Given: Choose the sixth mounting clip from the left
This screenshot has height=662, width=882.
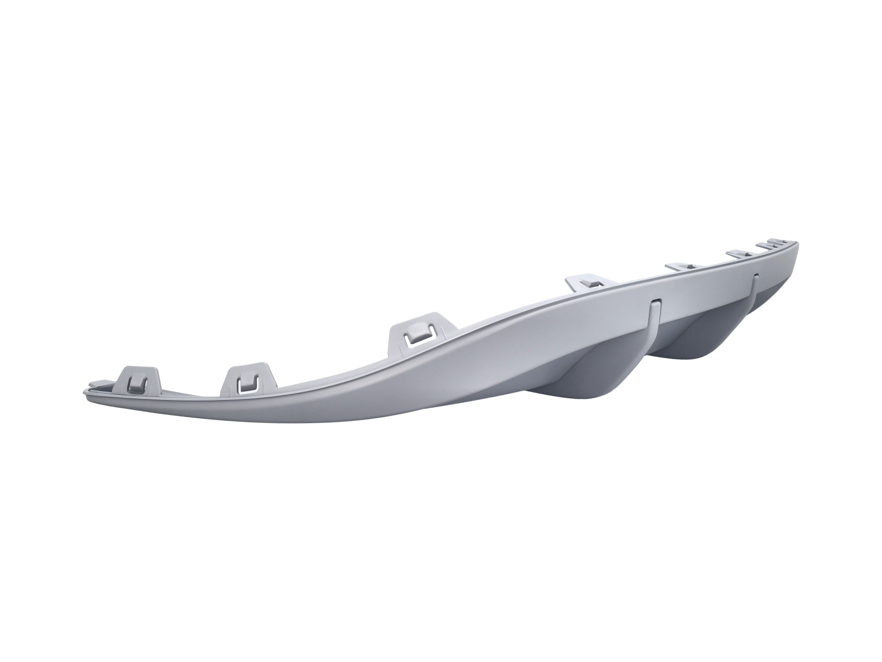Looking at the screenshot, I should pyautogui.click(x=741, y=253).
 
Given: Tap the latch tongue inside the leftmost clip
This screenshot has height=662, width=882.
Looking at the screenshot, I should pyautogui.click(x=134, y=382).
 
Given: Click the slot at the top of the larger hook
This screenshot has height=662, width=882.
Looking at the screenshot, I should pyautogui.click(x=656, y=303).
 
